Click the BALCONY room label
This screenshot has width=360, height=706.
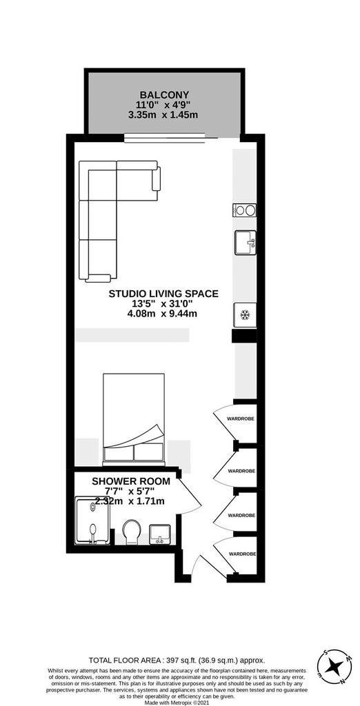(164, 94)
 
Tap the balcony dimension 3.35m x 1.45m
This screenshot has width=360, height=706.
(163, 115)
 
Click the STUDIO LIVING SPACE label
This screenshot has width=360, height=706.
(163, 294)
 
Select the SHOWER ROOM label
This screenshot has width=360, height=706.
(131, 481)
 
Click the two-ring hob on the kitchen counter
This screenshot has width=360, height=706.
(245, 210)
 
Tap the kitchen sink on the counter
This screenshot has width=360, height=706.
(245, 243)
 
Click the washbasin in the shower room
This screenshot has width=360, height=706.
(159, 534)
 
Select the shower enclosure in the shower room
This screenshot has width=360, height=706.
(92, 521)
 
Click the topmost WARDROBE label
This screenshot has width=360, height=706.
(241, 418)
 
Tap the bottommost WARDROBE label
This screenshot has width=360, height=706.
(242, 554)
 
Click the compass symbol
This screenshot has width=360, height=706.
(334, 667)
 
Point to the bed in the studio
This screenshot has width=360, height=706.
(134, 419)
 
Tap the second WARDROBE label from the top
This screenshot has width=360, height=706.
(241, 471)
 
